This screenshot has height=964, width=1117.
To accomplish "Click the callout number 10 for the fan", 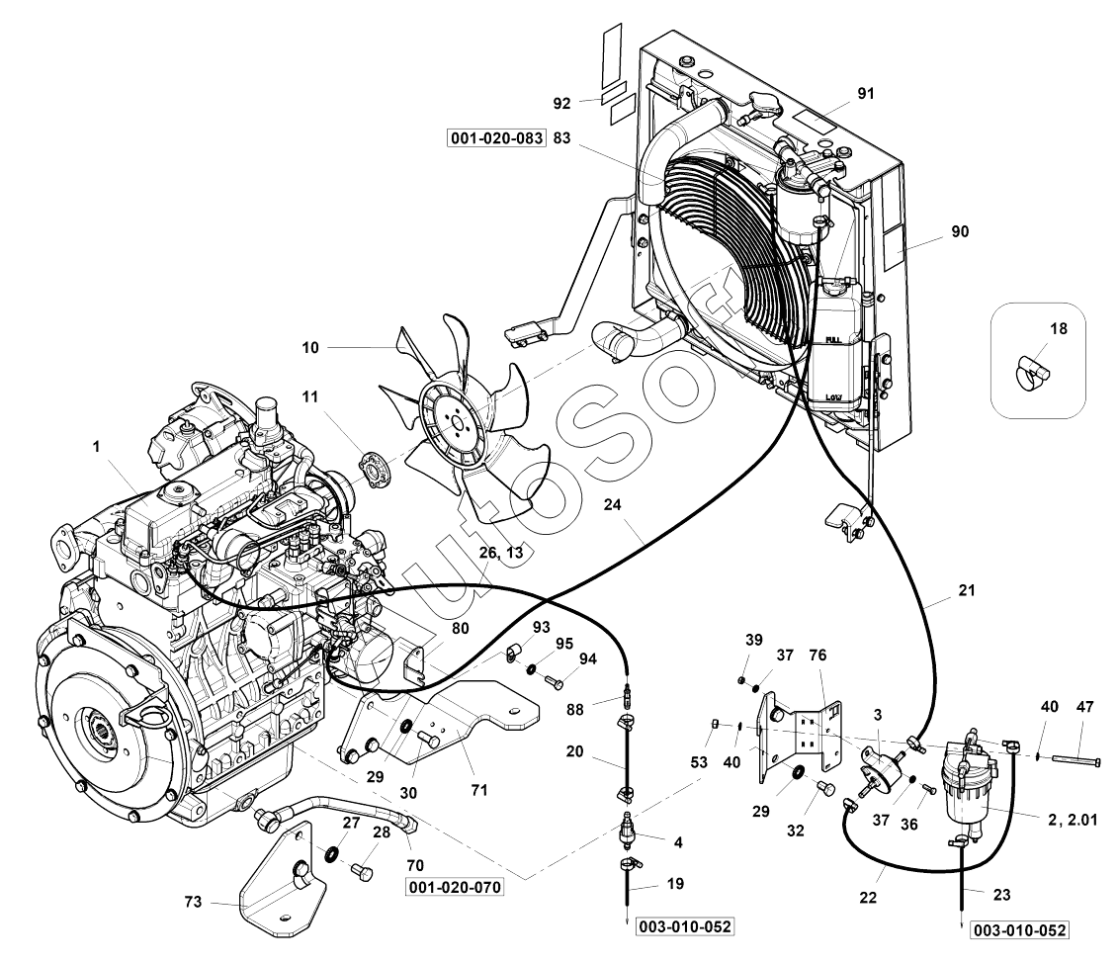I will pyautogui.click(x=310, y=348).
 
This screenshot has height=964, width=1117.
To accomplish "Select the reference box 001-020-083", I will pyautogui.click(x=497, y=139).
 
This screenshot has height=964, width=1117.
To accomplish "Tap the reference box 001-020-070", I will pyautogui.click(x=454, y=888).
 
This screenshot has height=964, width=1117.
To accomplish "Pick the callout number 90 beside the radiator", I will pyautogui.click(x=960, y=231).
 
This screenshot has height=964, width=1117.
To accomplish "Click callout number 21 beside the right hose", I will pyautogui.click(x=966, y=590).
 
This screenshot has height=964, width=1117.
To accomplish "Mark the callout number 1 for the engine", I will pyautogui.click(x=97, y=447).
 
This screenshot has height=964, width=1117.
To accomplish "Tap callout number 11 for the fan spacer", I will pyautogui.click(x=310, y=396).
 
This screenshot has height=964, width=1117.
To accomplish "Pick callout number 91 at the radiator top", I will pyautogui.click(x=866, y=93).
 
